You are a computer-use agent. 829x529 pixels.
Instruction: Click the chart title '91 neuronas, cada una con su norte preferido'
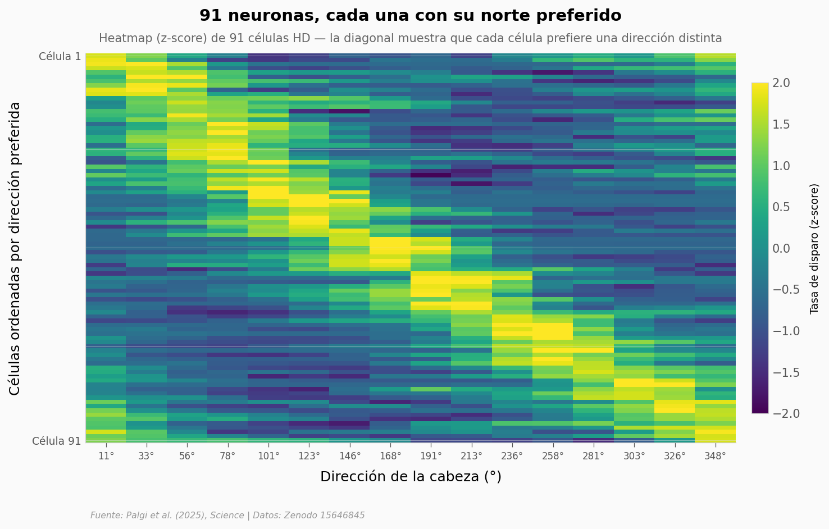(410, 16)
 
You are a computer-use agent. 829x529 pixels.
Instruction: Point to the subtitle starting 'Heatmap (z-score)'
(410, 38)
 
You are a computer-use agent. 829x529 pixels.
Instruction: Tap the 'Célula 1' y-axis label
(60, 56)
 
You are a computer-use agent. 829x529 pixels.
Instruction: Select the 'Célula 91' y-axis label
(57, 441)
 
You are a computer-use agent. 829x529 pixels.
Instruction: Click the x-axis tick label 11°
(106, 456)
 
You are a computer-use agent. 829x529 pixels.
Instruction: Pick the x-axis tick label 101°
(268, 456)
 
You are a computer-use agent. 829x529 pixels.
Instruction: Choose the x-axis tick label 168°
(390, 456)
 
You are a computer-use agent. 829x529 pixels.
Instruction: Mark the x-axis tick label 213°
(471, 456)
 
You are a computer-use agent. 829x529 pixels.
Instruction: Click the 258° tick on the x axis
(553, 456)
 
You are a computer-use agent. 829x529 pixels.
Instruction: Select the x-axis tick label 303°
(634, 456)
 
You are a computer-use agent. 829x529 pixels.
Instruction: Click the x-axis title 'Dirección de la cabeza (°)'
(411, 477)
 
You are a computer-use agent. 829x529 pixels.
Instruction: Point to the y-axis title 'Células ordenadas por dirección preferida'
(15, 248)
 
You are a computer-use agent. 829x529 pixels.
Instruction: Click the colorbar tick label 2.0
(781, 83)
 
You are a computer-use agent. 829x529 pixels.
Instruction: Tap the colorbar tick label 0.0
(781, 248)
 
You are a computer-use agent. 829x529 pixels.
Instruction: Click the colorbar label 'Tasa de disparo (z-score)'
(814, 248)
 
